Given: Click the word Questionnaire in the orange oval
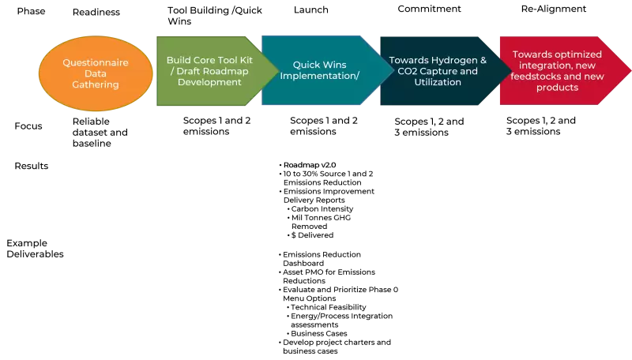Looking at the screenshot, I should point(96,62).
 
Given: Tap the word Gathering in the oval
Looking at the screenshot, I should point(96,84).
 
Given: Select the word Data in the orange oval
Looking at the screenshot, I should point(96,73).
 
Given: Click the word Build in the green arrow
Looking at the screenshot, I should point(179,60).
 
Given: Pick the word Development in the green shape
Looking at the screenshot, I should point(209,82).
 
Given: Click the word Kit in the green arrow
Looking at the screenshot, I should point(245,60).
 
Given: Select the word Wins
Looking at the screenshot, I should point(336,65).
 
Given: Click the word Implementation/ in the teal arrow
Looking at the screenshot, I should point(320,76).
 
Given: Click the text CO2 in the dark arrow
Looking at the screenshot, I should point(401,71).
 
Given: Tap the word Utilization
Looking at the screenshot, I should point(438,82).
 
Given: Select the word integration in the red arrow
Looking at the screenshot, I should point(546,66).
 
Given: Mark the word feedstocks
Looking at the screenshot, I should point(538,77).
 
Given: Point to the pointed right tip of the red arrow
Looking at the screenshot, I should point(630,70).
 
